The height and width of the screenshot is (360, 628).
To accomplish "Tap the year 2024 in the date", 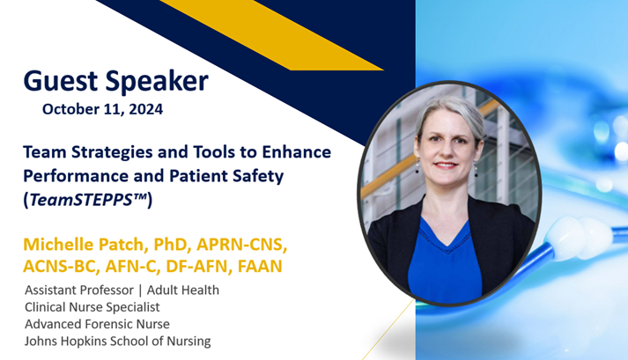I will click(144, 110).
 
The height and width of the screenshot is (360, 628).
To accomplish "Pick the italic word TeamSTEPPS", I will click(83, 200).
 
